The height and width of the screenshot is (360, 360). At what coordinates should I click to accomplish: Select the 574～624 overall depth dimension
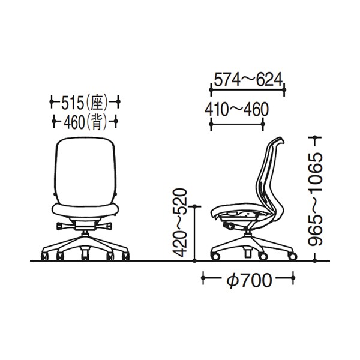pos(248,80)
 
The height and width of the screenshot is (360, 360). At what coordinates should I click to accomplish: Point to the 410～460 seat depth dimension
pos(237,109)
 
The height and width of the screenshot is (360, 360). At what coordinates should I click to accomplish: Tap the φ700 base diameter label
pos(249,281)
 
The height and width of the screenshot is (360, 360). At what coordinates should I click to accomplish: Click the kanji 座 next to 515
pos(97,103)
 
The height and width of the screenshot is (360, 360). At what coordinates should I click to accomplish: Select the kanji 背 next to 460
pos(97,122)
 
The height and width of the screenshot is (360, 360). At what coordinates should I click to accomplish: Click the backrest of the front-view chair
pos(85,170)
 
